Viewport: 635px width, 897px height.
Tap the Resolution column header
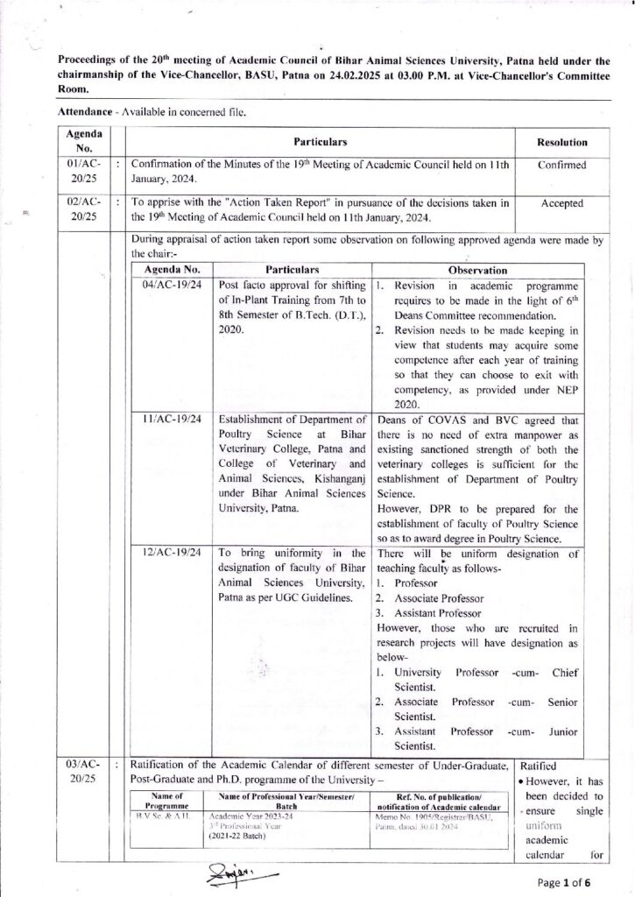[561, 142]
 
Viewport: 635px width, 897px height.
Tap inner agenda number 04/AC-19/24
[172, 285]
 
